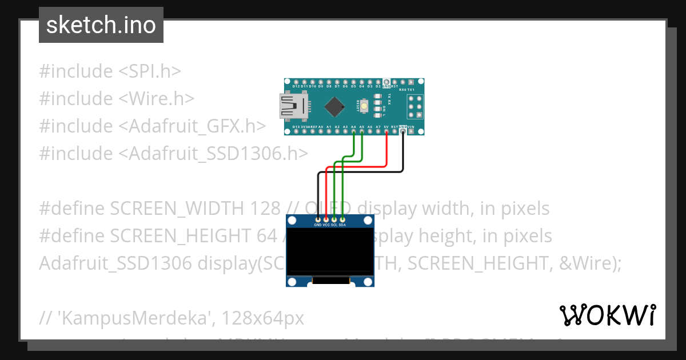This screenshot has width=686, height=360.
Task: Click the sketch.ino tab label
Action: coord(101,25)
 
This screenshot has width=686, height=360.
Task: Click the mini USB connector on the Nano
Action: coord(293,106)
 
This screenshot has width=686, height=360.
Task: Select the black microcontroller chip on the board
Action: coord(334,106)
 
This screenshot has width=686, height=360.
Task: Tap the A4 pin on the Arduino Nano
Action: coord(354,132)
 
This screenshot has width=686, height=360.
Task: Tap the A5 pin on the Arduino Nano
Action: coord(362,132)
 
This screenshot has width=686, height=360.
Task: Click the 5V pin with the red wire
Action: coord(387,132)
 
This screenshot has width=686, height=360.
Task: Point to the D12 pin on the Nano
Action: coord(296,82)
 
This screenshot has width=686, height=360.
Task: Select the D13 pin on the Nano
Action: coord(296,132)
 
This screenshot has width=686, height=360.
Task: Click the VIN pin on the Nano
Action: coord(412,132)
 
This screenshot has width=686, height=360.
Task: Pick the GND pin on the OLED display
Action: coord(318,219)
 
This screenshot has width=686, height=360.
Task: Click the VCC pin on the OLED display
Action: coord(326,219)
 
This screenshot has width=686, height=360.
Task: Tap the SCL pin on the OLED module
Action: coord(334,219)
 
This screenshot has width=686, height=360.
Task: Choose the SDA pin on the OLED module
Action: coord(342,219)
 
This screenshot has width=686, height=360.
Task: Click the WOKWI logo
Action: coord(607,315)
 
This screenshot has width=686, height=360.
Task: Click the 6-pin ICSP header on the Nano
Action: coord(414,106)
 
